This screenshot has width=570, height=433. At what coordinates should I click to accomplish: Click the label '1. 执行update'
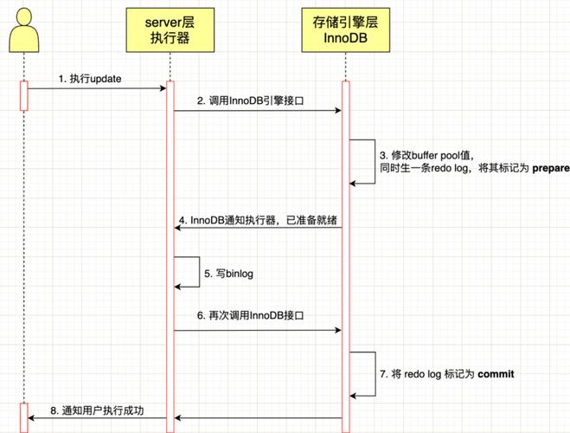pos(90,78)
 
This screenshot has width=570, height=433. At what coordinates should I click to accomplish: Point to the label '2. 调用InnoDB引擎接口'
pos(256,100)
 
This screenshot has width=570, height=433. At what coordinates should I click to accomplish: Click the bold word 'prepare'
pos(550,168)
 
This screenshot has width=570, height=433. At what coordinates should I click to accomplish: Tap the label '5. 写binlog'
pos(229,274)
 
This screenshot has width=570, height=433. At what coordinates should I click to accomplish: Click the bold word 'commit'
pos(495,374)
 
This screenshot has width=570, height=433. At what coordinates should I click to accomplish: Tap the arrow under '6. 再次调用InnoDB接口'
pos(257,331)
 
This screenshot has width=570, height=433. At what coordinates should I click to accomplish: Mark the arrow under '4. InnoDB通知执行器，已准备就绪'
pos(257,229)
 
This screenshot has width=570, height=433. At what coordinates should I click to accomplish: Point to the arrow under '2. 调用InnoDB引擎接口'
pos(257,110)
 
